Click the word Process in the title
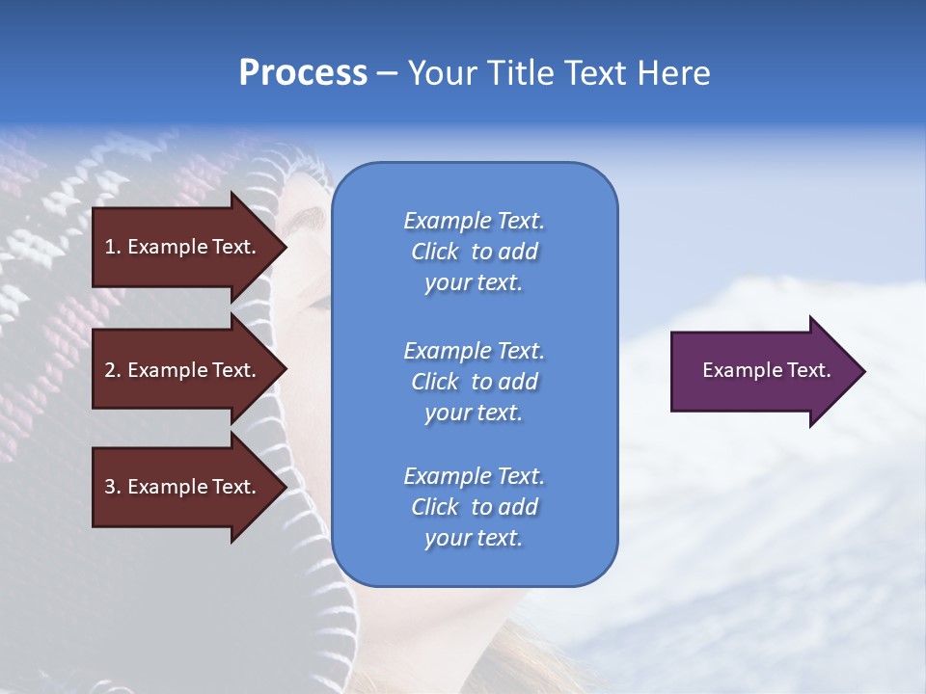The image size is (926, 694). click(x=303, y=73)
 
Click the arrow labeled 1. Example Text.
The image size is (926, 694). click(x=183, y=247)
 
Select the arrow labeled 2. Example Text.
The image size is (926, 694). click(x=183, y=370)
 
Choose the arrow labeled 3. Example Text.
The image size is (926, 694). click(x=183, y=487)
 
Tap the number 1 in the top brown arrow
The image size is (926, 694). click(x=109, y=247)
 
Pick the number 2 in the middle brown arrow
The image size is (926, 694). click(x=110, y=370)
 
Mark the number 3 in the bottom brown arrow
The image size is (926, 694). click(x=110, y=487)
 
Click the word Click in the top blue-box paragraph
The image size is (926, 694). click(x=435, y=252)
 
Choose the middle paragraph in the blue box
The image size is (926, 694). click(x=474, y=382)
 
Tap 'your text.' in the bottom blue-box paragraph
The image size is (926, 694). click(x=474, y=538)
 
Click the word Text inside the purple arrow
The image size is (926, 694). click(x=809, y=370)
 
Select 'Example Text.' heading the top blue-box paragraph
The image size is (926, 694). click(x=474, y=221)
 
